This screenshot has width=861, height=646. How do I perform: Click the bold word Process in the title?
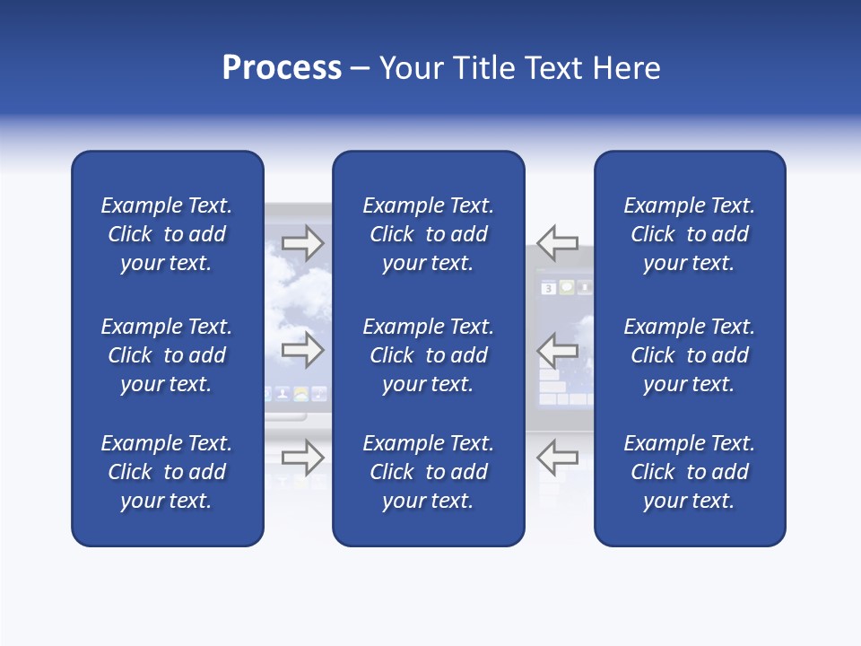pos(282,68)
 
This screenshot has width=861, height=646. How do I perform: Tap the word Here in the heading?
pos(626,68)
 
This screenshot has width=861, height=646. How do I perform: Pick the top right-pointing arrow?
pos(303,242)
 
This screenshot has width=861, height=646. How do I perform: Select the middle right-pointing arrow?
pos(303,349)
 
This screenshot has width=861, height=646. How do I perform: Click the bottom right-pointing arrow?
pos(303,457)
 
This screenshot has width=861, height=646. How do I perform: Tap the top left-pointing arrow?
pos(558,242)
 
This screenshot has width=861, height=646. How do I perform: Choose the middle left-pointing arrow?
pos(558,349)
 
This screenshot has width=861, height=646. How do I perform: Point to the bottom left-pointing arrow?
pos(558,457)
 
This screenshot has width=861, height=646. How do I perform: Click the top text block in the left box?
pos(167,234)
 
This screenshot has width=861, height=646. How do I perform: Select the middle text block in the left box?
pos(167,355)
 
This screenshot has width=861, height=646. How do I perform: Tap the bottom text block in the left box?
pos(167,472)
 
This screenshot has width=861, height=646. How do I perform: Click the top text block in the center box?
pos(428,234)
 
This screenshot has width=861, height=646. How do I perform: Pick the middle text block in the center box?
pos(428,355)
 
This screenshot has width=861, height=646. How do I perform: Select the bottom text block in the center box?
pos(428,472)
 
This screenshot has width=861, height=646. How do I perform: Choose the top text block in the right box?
pos(689,234)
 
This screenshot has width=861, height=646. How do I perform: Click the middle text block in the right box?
pos(689,355)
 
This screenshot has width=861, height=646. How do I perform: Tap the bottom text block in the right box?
pos(689,472)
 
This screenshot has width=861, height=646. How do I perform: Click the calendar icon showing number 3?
pos(548,288)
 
